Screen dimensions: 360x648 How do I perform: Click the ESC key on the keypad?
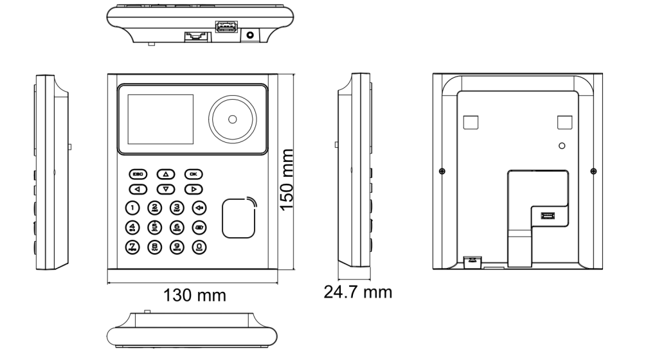[x=138, y=174]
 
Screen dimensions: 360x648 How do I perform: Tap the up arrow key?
[x=165, y=174]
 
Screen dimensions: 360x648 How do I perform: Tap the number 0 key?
[x=200, y=246]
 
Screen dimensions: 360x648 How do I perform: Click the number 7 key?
[x=132, y=246]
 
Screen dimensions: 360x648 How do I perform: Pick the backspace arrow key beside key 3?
[x=200, y=207]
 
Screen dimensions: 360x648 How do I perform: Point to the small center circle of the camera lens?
[x=232, y=119]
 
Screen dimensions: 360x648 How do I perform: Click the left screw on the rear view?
[x=442, y=170]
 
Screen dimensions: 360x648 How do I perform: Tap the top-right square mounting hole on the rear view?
[x=564, y=122]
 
